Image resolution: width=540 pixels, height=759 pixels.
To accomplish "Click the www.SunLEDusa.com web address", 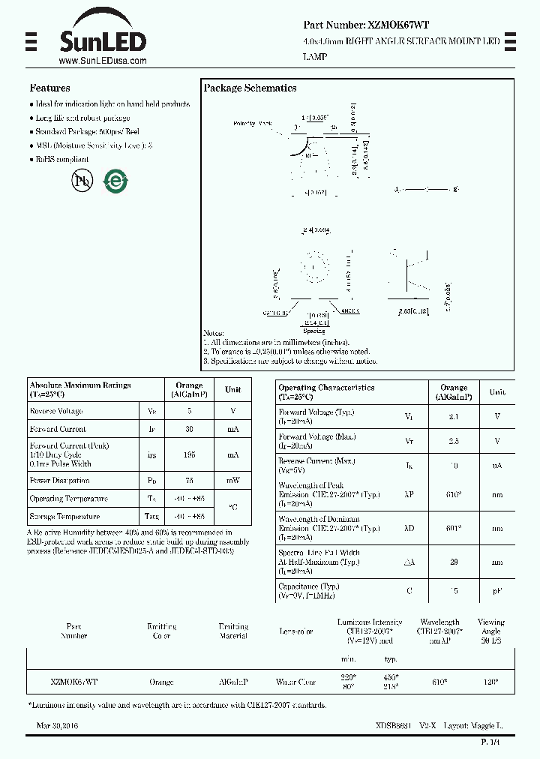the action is coord(102,61).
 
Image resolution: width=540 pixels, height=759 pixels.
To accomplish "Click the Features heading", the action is coord(49,88).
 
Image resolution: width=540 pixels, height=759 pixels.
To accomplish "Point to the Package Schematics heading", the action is coord(250,88).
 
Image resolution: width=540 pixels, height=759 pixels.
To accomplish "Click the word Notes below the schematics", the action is coord(214,333).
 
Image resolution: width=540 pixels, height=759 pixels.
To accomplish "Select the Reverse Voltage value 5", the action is coord(189,411).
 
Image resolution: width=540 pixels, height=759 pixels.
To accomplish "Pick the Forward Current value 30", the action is coord(189,429).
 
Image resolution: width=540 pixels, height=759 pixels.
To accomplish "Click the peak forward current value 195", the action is coord(189,454).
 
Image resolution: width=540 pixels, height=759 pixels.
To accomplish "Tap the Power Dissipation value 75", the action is coord(189,481).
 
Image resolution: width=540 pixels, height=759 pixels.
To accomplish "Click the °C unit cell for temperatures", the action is coord(232,507).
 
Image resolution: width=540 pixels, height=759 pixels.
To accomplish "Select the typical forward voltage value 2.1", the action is coord(454,416).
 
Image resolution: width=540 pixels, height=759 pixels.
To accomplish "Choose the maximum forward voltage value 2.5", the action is coord(454,442).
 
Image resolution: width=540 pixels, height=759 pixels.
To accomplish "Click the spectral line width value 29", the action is coord(454,562).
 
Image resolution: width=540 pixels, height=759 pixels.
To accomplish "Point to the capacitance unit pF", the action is coord(497,591).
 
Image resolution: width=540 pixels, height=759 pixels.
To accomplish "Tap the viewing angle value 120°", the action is coord(490,682).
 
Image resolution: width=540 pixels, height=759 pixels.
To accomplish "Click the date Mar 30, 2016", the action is coord(57,726).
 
